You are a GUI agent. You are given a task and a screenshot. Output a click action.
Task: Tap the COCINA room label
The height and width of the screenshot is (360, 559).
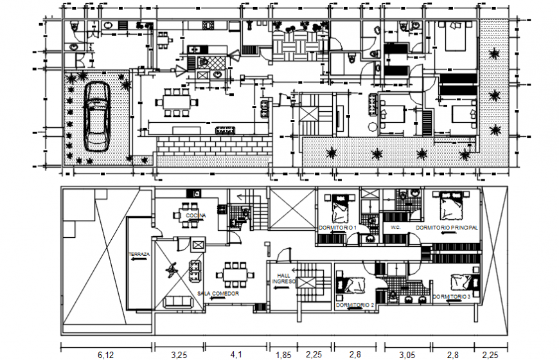[196, 217]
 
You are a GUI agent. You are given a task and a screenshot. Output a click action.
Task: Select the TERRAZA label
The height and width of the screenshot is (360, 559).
[139, 255]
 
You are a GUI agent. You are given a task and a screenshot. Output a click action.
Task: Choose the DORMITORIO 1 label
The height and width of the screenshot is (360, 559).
[337, 228]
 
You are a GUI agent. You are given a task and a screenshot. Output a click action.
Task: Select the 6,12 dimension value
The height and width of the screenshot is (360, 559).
[105, 354]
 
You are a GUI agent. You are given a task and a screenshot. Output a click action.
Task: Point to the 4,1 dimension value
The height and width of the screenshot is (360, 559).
[237, 354]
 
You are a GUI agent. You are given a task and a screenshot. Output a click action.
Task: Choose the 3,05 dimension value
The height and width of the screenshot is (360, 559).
[407, 354]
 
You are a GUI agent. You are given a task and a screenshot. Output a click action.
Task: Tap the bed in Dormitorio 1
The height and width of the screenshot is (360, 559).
[341, 209]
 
